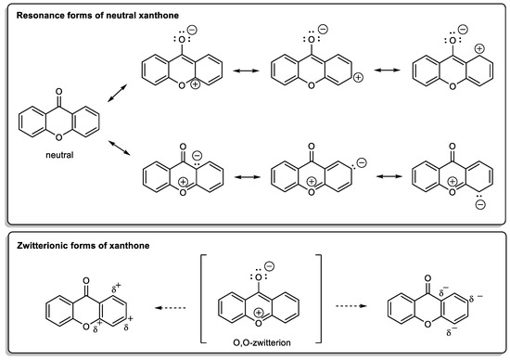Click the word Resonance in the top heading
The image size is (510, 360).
click(44, 12)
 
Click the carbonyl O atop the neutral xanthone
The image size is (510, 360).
click(57, 93)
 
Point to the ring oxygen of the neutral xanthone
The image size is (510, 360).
click(57, 143)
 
